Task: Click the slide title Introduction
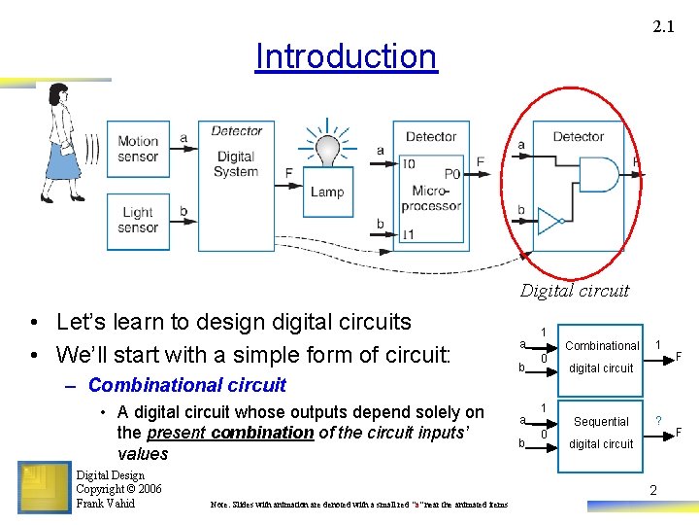click(x=346, y=56)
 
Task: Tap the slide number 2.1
click(x=663, y=27)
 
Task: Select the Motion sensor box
click(x=138, y=149)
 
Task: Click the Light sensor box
click(x=138, y=220)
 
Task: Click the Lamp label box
click(x=327, y=192)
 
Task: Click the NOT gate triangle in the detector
click(x=550, y=221)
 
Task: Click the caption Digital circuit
click(x=575, y=290)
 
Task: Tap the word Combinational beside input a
click(x=602, y=345)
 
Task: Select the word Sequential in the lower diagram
click(x=601, y=421)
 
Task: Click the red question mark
click(x=659, y=419)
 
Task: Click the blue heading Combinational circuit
click(x=186, y=385)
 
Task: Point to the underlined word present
click(x=175, y=432)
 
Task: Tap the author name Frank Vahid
click(x=105, y=504)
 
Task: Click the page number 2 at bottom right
click(x=652, y=490)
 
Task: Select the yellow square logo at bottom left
click(x=44, y=487)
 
